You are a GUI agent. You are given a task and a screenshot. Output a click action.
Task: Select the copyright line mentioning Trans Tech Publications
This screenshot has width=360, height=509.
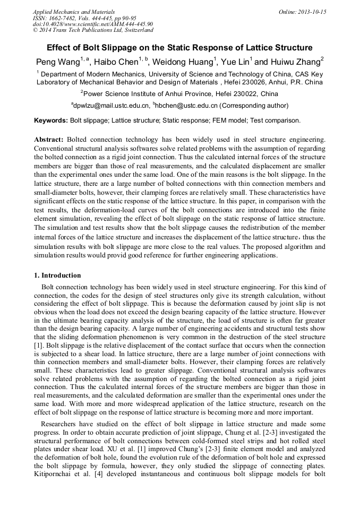(x=93, y=30)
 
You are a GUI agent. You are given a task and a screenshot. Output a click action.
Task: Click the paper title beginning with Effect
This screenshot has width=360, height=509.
(x=179, y=48)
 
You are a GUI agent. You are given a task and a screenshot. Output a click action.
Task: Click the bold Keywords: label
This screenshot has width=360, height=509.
(x=50, y=120)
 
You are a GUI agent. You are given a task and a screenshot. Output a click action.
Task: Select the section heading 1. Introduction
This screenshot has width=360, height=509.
(x=57, y=275)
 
